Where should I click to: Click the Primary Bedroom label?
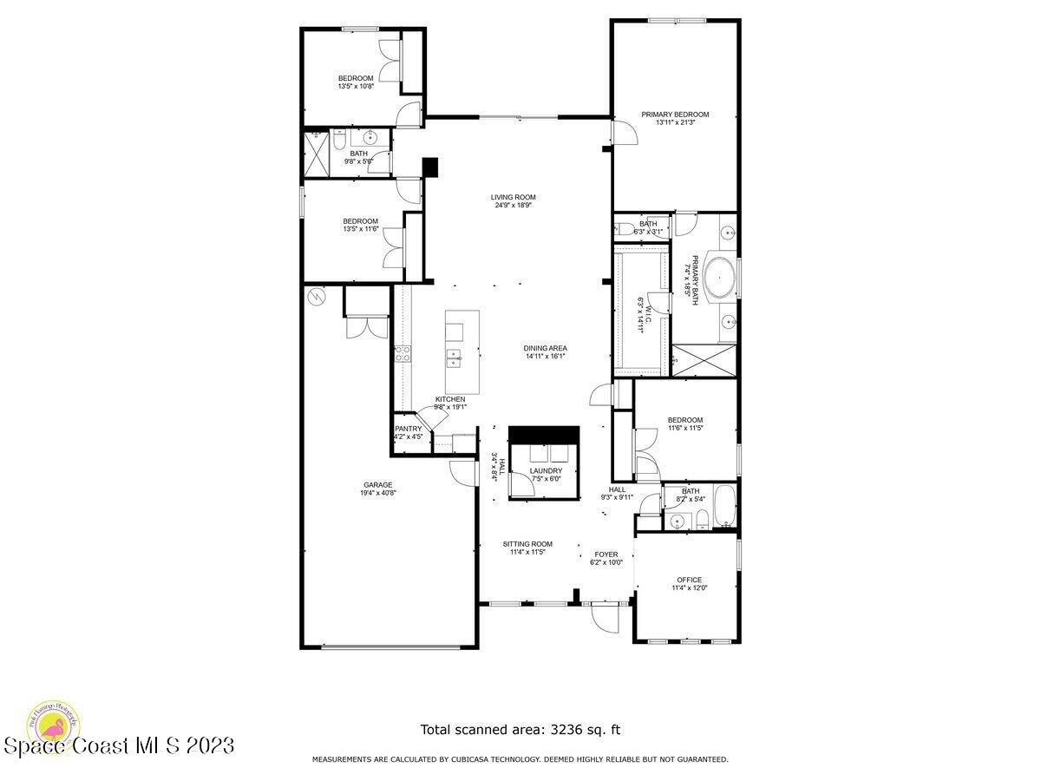coord(675,115)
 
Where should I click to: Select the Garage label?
coord(377,485)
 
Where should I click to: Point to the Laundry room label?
coord(546,471)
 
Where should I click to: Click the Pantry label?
coord(408,429)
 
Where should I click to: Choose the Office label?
coord(689,580)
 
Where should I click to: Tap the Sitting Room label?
coord(527,544)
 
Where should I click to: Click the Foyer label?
coord(606,554)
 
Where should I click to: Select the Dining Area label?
coord(546,348)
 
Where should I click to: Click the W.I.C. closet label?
coord(643,305)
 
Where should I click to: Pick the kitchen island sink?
coord(454,356)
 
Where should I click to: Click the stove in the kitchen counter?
coord(403,353)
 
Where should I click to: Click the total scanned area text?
coord(520,730)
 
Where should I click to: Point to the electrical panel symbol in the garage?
coord(318,297)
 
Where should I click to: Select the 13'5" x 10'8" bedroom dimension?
coord(356,86)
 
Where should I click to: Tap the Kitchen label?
coord(450,399)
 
